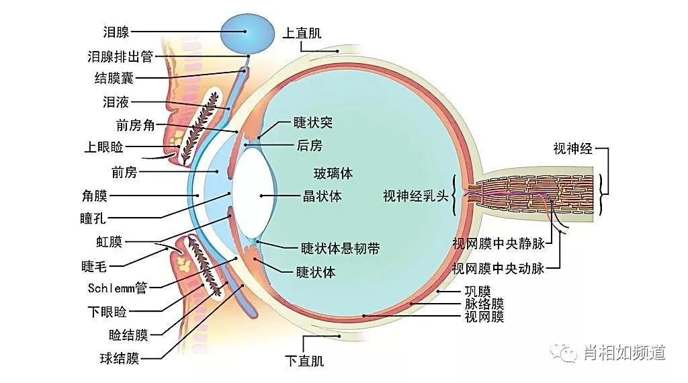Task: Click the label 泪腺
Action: coord(116,32)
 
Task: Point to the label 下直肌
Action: coord(304,361)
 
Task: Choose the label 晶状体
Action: coord(322,197)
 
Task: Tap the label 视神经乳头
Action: coord(415,196)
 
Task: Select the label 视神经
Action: coord(573,148)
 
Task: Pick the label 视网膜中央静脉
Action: coord(498,243)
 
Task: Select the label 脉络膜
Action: coord(484,304)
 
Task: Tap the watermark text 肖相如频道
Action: coord(624,352)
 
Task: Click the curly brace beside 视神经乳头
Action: coord(456,196)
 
